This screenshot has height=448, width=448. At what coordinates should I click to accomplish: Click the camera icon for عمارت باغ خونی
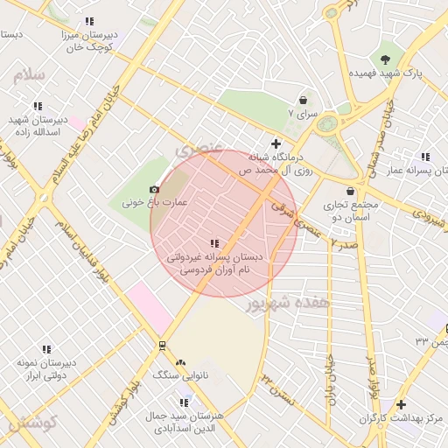[155, 190]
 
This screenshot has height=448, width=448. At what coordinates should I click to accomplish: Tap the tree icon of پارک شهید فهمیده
[386, 59]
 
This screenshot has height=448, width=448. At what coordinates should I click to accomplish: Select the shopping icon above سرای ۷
[303, 101]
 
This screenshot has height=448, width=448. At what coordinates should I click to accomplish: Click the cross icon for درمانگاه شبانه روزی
[276, 143]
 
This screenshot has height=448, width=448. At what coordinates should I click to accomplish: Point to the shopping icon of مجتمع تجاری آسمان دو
[351, 191]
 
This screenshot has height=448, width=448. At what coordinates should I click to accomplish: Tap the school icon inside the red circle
[215, 244]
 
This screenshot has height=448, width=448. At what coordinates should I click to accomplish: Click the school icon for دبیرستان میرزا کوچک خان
[89, 21]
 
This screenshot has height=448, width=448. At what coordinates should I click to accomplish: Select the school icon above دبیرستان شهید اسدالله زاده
[38, 106]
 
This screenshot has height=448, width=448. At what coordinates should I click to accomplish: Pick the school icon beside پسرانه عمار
[425, 157]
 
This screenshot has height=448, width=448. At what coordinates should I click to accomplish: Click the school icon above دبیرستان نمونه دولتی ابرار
[46, 349]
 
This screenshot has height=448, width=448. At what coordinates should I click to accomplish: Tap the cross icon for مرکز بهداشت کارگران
[401, 404]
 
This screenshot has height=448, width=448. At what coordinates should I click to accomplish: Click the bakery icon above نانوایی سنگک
[180, 361]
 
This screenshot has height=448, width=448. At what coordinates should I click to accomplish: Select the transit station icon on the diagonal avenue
[162, 346]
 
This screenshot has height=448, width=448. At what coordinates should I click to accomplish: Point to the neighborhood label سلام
[28, 75]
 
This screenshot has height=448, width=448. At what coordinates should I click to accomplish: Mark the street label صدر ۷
[345, 243]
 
